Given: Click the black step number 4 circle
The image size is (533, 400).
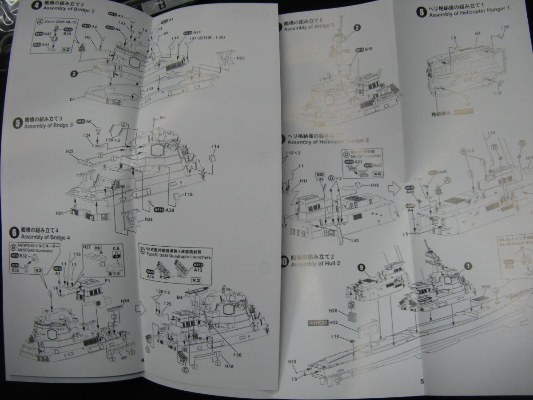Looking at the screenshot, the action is point(35,6).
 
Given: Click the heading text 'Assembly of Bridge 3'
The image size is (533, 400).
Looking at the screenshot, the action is point(50,125).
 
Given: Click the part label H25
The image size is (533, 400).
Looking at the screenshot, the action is point(68,152).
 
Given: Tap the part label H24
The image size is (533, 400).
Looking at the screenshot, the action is point(148,220).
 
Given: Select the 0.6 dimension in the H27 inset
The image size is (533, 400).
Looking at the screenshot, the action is point(116,248).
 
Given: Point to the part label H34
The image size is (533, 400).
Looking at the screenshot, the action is point(124,301).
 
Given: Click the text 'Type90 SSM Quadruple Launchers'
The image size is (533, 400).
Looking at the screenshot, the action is point(175,256).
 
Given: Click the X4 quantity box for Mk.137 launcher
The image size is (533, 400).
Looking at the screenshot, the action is point(378,174).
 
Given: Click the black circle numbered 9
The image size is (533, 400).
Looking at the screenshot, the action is point(361,267).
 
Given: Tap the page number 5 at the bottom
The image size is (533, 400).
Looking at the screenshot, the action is point(422,380).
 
